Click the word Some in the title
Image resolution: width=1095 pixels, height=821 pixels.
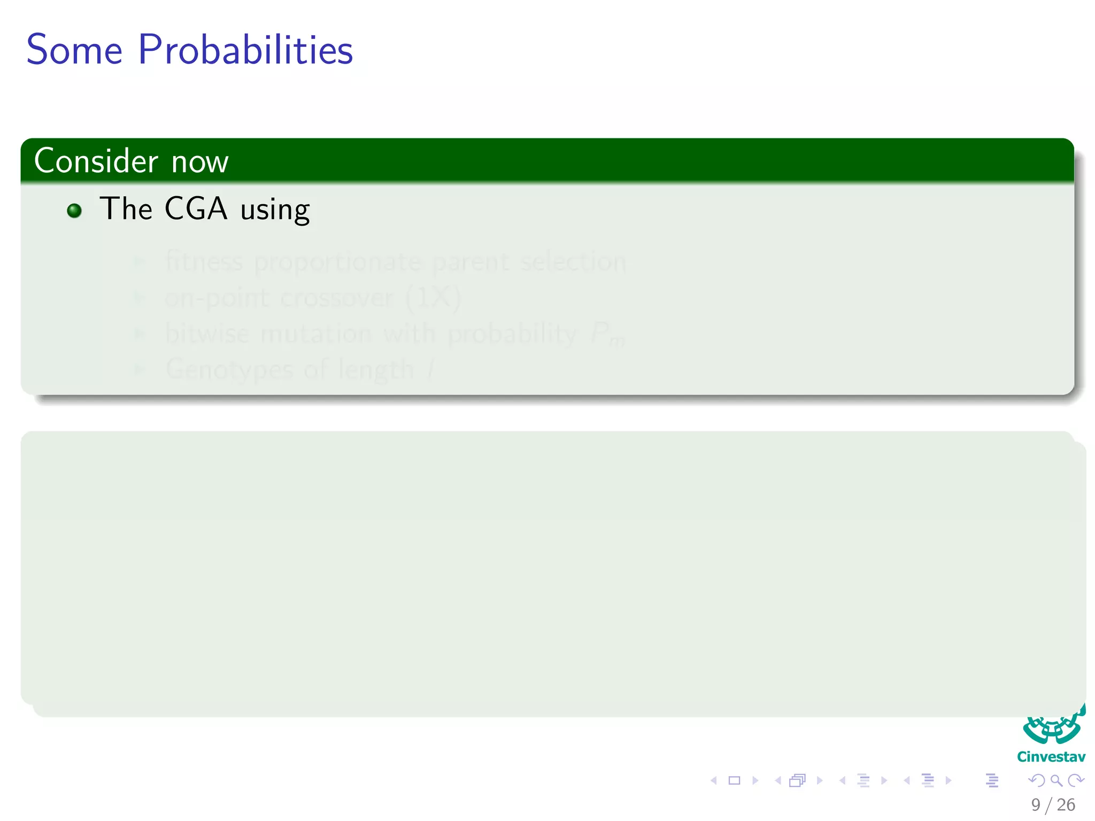(74, 50)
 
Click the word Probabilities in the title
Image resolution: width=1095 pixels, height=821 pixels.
(245, 50)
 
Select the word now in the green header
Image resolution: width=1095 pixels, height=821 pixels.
(200, 162)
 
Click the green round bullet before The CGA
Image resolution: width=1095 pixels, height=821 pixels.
(74, 211)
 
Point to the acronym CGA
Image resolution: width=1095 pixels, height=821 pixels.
(196, 208)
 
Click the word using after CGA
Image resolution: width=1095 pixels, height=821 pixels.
(275, 210)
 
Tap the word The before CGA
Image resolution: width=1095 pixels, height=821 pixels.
(126, 208)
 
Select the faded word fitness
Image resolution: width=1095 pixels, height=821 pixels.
(204, 262)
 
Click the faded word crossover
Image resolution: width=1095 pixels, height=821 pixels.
(337, 298)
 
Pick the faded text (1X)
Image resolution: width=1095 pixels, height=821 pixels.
(433, 298)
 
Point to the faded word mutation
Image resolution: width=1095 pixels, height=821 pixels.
(316, 334)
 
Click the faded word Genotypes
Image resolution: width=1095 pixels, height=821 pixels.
(229, 370)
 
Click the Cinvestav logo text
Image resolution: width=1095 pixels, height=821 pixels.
(1051, 757)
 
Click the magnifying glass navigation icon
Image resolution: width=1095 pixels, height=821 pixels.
(1056, 780)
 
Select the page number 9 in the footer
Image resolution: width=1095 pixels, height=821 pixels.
(1036, 805)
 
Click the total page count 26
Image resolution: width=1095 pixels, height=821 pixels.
(1066, 805)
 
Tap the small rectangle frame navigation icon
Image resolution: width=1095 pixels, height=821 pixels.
(734, 780)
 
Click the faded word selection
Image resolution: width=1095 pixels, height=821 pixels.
(573, 262)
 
